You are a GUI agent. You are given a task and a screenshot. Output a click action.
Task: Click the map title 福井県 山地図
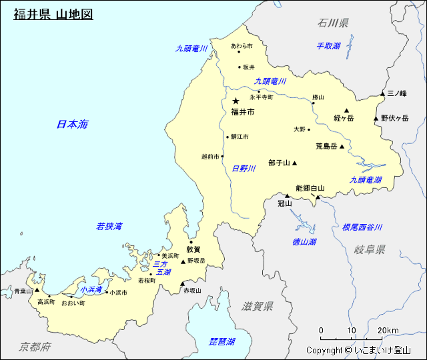click(53, 13)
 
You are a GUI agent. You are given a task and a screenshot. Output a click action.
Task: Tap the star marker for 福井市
click(236, 101)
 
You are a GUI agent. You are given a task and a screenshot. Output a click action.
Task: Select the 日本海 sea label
click(72, 124)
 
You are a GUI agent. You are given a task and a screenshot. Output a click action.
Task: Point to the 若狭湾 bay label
click(109, 227)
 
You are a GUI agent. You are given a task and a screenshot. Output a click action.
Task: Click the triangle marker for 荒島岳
click(342, 147)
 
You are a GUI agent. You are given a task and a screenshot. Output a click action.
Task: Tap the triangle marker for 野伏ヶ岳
click(376, 119)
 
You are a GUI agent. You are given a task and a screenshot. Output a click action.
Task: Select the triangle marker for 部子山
click(294, 163)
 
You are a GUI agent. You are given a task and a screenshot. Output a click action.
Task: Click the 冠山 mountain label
click(285, 203)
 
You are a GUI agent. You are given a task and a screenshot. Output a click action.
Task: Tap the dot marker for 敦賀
click(191, 242)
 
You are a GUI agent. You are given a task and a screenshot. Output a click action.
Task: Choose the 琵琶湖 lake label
click(222, 341)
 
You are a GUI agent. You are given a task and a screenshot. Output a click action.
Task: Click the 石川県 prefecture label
click(333, 23)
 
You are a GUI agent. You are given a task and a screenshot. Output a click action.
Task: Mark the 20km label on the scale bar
click(388, 331)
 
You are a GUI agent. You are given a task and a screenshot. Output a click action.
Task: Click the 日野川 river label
click(244, 169)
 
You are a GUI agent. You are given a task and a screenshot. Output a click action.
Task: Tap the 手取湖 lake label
click(328, 46)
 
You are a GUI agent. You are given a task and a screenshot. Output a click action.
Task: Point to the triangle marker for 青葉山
click(37, 291)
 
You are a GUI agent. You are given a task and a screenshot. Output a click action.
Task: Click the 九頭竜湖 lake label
click(366, 180)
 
